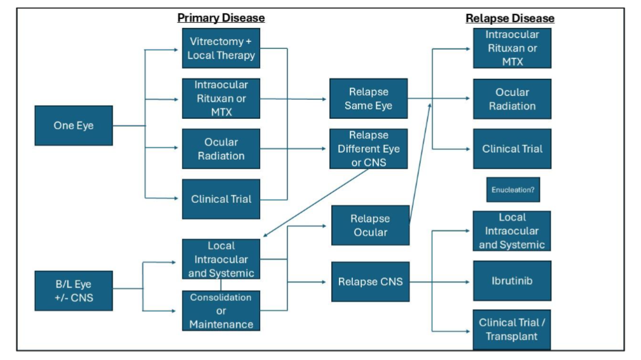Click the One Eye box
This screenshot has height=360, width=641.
(73, 125)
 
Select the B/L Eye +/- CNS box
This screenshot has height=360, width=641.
(73, 291)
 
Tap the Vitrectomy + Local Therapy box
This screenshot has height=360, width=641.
(221, 48)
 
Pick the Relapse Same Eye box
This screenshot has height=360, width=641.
(368, 99)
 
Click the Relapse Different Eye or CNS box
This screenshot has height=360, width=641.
(368, 149)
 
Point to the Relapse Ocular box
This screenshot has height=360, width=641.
(369, 225)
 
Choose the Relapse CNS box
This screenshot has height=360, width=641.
(370, 281)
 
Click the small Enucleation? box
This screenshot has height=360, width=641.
(513, 190)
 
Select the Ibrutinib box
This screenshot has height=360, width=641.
(512, 280)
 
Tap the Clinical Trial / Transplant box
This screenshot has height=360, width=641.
(512, 329)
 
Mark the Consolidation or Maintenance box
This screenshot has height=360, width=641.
(221, 310)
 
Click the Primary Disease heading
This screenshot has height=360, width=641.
(221, 18)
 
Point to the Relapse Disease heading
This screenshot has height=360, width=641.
(510, 18)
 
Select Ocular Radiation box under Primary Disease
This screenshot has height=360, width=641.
(221, 149)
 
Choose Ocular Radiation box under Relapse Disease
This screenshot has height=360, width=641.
(512, 99)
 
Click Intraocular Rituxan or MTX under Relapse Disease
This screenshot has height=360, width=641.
(512, 48)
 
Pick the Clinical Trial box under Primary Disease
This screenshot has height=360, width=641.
(221, 199)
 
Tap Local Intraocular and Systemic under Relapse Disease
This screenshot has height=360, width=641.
(512, 231)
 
